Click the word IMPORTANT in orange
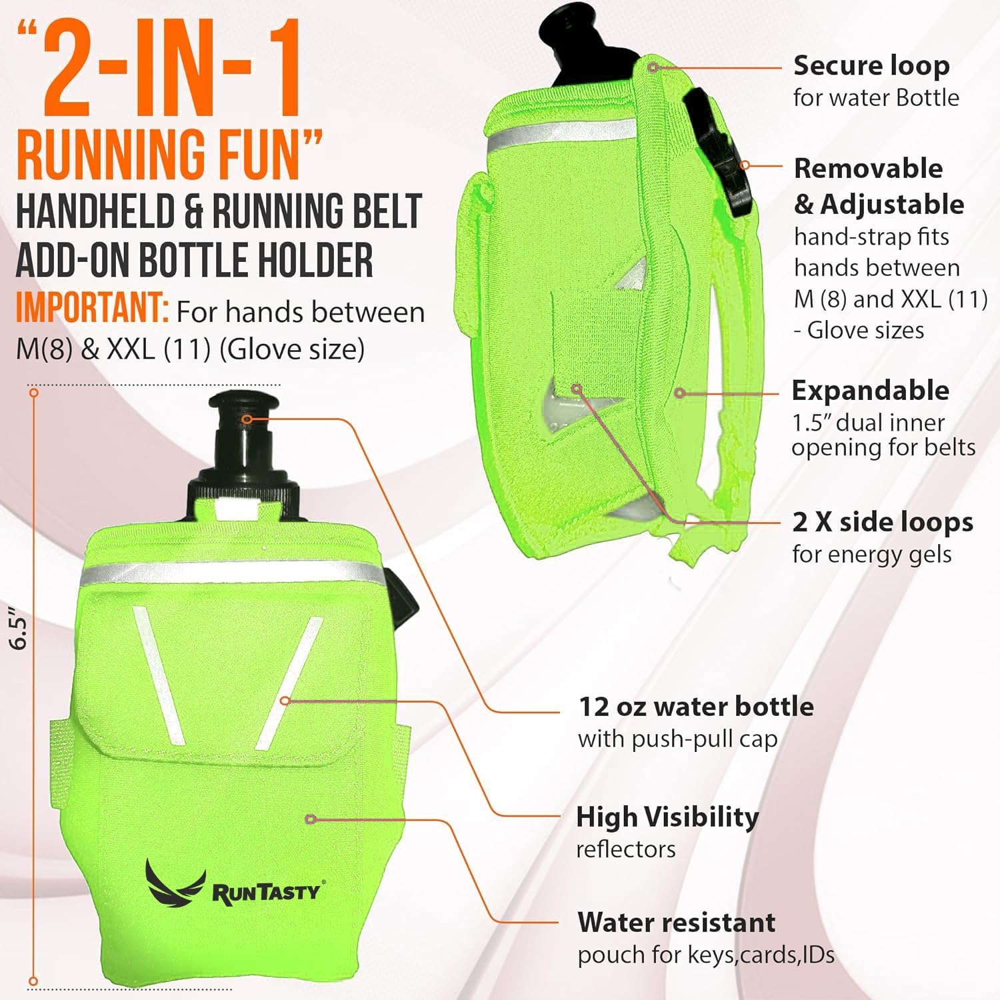[92, 309]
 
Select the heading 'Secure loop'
[871, 65]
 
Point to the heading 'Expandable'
[870, 390]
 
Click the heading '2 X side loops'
[883, 522]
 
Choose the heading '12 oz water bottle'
[696, 707]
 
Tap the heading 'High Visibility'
[667, 817]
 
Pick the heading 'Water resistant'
[677, 923]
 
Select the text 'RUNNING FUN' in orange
[170, 155]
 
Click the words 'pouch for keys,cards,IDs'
[706, 955]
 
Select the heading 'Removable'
[868, 168]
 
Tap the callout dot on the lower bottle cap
[247, 419]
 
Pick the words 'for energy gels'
[871, 555]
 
